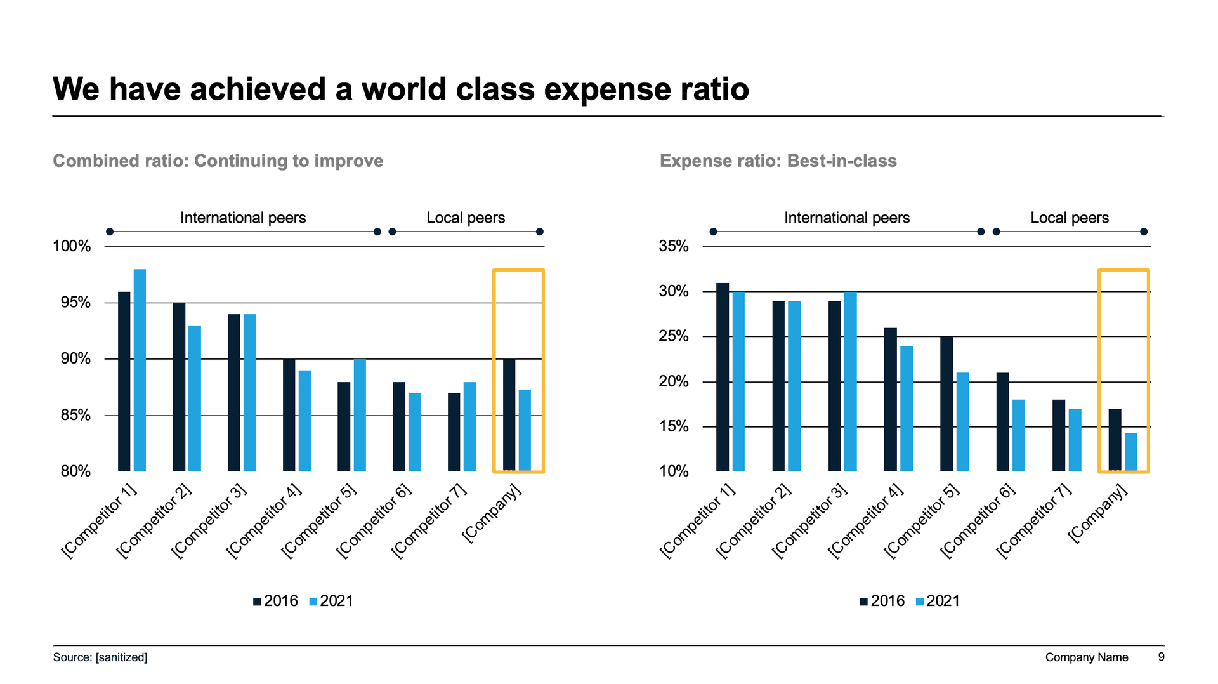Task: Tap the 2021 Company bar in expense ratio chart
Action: [1130, 452]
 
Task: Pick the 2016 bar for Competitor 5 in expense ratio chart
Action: [946, 404]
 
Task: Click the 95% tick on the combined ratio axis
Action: [75, 303]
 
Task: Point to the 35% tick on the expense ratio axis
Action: [673, 246]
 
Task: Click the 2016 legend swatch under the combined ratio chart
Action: [257, 602]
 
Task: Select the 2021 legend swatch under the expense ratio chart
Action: [920, 602]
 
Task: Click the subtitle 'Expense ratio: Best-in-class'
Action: [778, 161]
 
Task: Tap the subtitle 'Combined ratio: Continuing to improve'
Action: [218, 161]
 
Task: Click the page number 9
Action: [1161, 657]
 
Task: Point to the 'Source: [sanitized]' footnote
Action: [100, 657]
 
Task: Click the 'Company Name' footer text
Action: [1086, 657]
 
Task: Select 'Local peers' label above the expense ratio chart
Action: [1069, 218]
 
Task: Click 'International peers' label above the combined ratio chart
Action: [243, 218]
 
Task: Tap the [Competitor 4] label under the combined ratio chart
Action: [263, 522]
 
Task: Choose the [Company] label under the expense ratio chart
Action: [1097, 514]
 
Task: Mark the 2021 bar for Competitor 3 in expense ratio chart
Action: [850, 381]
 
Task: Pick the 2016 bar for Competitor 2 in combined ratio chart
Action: [179, 387]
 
